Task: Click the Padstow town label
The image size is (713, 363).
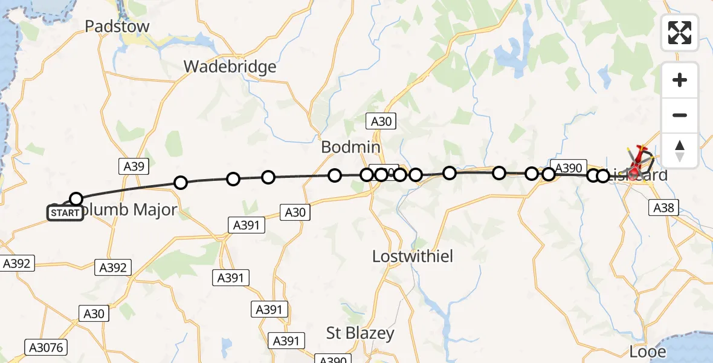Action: click(117, 27)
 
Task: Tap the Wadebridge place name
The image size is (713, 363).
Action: click(230, 67)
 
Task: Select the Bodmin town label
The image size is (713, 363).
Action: click(350, 147)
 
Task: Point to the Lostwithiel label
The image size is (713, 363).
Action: click(413, 256)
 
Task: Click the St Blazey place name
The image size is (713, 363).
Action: click(360, 333)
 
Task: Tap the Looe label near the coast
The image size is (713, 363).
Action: click(648, 352)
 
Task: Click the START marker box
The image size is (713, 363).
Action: click(65, 213)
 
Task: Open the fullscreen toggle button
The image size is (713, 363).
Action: click(680, 33)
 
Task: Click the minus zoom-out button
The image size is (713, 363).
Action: click(680, 115)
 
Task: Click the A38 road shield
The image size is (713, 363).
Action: click(664, 208)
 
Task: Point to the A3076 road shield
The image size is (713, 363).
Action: click(45, 347)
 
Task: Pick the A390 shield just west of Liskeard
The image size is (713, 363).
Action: click(568, 168)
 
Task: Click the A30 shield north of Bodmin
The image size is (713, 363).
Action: click(381, 121)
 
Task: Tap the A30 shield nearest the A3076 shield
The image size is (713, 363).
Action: click(94, 313)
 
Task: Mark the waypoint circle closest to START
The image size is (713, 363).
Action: click(76, 198)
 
